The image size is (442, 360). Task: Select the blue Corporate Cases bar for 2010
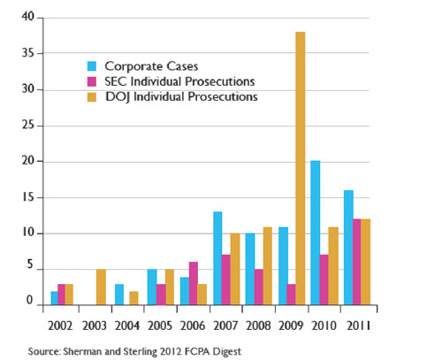(315, 233)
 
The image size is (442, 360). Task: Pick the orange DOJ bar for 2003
(101, 287)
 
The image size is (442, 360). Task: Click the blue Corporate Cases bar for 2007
(217, 257)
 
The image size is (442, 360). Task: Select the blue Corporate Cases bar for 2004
(119, 295)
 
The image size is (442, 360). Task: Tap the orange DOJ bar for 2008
(268, 265)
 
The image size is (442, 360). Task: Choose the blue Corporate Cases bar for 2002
(55, 298)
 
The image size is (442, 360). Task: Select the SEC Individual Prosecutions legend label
(179, 81)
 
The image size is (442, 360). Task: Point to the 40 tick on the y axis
(28, 18)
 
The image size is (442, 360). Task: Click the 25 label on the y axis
(28, 126)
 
